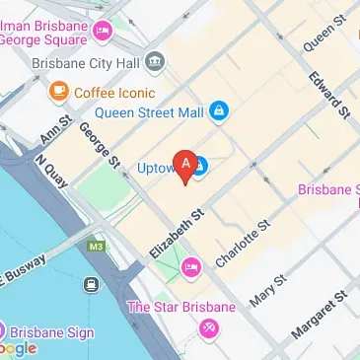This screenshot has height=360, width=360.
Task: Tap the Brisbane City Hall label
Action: pos(84,63)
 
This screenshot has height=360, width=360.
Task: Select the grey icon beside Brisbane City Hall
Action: pos(156,63)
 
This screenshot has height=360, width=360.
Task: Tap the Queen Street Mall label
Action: pos(147,112)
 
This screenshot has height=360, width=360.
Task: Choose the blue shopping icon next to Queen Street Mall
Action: pos(220,112)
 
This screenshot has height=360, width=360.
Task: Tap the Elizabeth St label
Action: pos(178,235)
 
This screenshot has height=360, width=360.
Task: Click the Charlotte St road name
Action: pos(243,243)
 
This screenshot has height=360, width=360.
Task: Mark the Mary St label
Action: pos(267,289)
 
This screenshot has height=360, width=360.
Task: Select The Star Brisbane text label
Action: pos(181,308)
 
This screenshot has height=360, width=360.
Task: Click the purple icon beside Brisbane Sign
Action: pos(4,331)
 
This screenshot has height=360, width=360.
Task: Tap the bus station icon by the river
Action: pos(92,285)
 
